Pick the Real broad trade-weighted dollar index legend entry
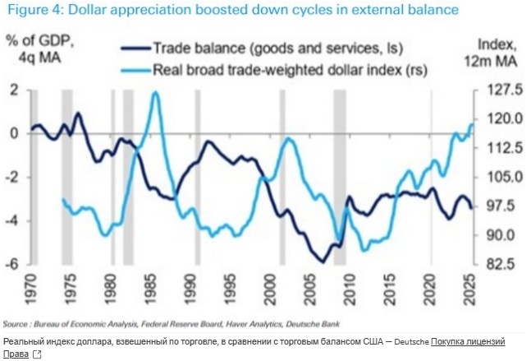pos(280,70)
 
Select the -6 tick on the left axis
pos(13,265)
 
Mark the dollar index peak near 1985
pos(155,93)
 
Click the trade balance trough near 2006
pos(323,261)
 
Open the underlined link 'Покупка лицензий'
pos(467,341)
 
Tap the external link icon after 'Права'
pos(37,354)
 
